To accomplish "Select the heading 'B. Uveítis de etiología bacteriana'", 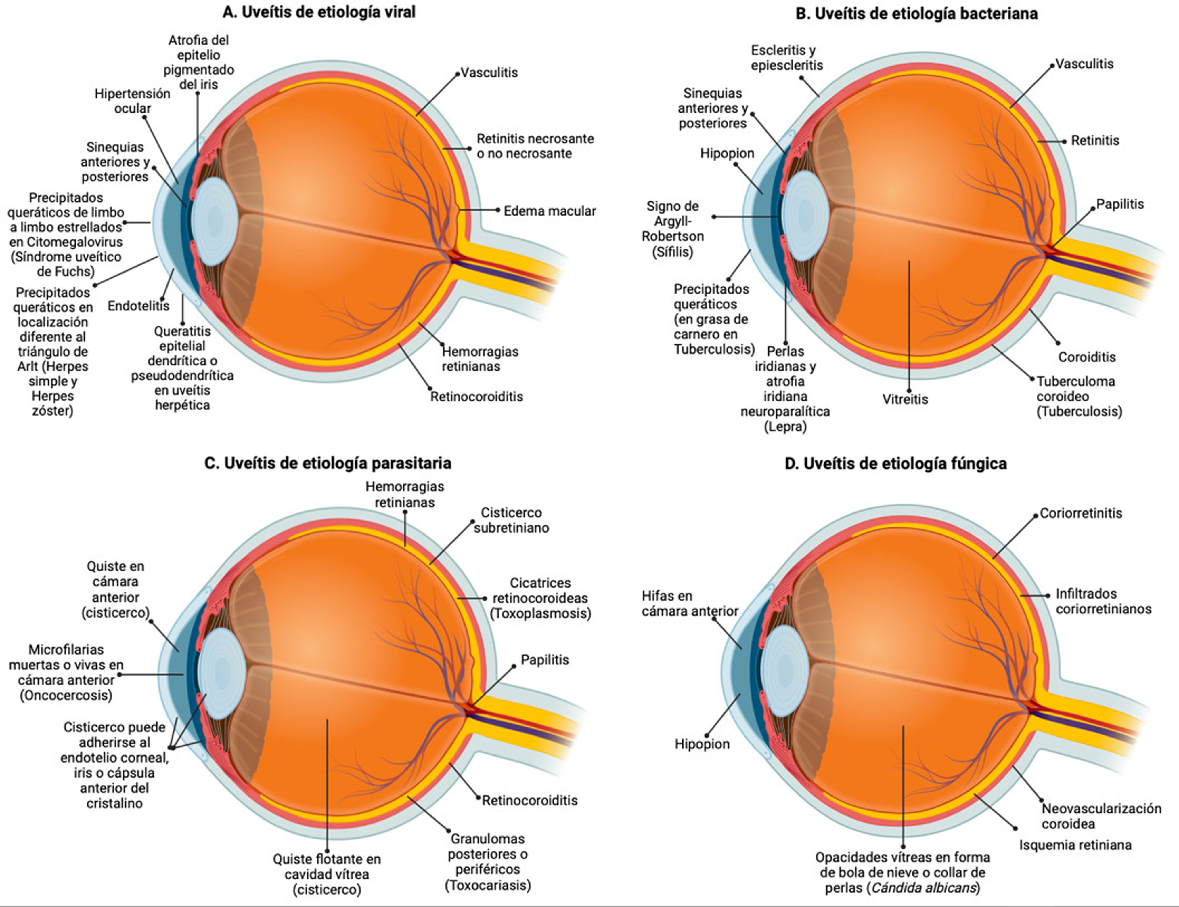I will click(916, 14).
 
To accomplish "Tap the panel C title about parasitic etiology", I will click(328, 463).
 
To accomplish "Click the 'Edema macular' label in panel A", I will click(549, 211).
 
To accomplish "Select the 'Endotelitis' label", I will click(138, 306).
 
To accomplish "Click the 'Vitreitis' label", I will click(905, 399).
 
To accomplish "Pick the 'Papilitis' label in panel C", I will click(544, 660).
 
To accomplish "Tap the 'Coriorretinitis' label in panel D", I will click(1081, 513).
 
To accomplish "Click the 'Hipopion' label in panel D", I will click(701, 744).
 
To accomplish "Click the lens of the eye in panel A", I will click(215, 220).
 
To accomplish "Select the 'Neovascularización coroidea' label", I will click(1101, 816).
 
